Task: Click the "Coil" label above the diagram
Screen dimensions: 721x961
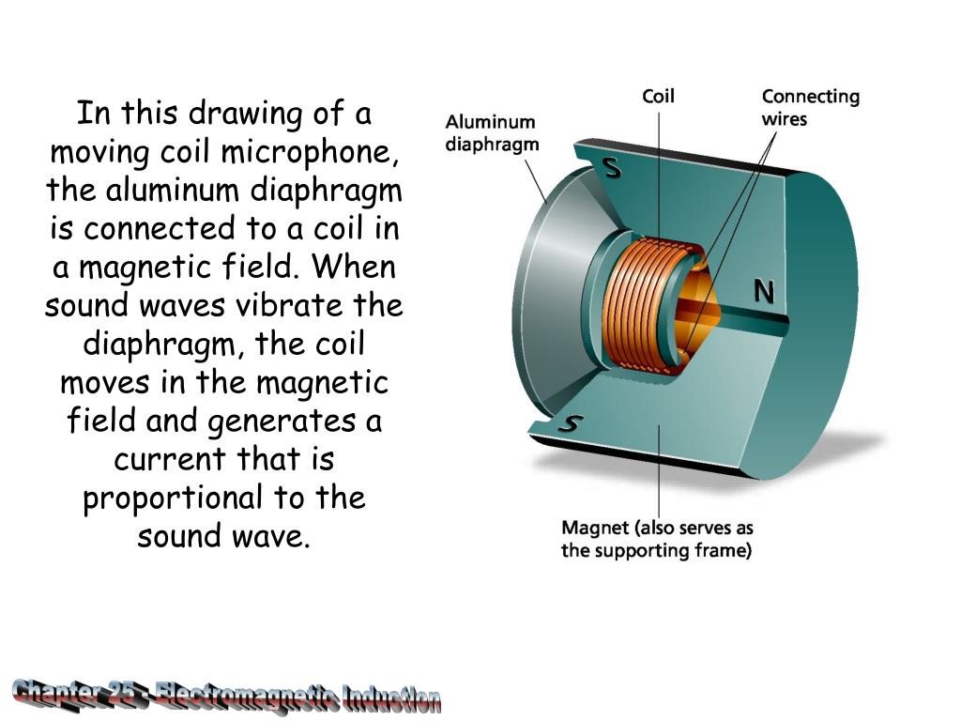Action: pos(658,96)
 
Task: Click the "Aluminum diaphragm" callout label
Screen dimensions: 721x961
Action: pos(491,132)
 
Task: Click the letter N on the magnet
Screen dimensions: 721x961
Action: pos(764,293)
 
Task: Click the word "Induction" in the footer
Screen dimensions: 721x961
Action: pos(391,698)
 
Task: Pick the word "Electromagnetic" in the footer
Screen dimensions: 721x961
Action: pos(246,696)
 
